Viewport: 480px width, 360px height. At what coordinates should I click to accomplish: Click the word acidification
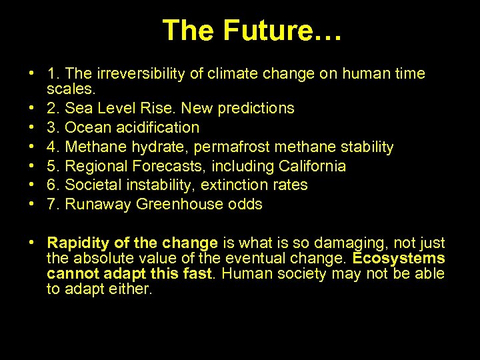(159, 127)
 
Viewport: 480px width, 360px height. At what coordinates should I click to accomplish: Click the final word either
(134, 289)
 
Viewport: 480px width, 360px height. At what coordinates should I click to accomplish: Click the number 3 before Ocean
(51, 127)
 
